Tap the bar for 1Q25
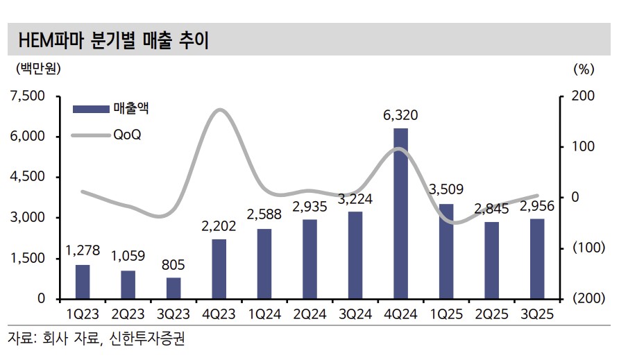coord(446,251)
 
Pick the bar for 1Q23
coord(83,282)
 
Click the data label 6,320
coord(400,115)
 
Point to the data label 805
coord(173,264)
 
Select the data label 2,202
coord(219,225)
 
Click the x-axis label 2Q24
coord(309,314)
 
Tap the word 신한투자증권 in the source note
coord(148,340)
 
